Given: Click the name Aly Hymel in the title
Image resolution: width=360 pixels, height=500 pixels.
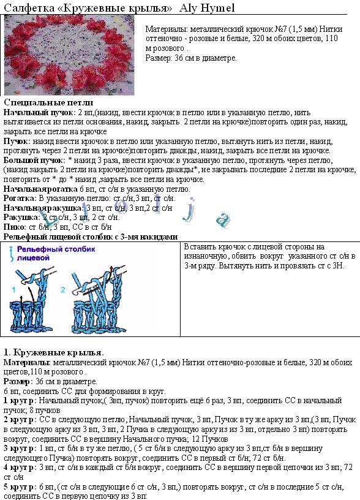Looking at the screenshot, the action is tap(208, 7).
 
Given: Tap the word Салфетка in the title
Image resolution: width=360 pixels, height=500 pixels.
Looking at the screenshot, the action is tap(28, 7).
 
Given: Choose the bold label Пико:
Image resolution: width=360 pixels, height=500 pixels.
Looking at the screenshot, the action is tap(15, 226).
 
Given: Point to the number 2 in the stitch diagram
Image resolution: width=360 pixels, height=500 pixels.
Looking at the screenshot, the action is tap(64, 289).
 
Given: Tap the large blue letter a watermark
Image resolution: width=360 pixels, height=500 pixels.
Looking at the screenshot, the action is tap(225, 219).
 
